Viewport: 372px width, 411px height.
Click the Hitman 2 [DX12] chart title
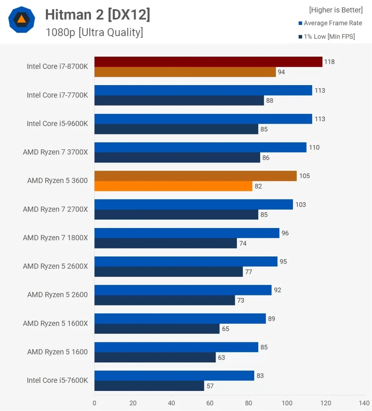[97, 14]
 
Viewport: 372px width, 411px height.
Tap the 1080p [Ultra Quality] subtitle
[94, 32]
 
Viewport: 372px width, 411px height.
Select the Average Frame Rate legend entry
[332, 23]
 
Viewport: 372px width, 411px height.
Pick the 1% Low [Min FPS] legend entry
[329, 37]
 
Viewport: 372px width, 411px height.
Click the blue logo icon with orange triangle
[22, 20]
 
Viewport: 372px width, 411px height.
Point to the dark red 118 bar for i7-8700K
[208, 62]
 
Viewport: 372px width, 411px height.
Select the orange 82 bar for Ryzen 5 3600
[173, 186]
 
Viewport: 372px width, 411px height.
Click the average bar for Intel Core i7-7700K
[203, 90]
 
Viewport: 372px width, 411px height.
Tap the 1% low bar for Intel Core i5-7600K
[149, 386]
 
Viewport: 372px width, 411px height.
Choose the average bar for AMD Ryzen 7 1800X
[187, 233]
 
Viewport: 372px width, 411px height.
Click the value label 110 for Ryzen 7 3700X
[314, 147]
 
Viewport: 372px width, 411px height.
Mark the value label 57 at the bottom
[210, 386]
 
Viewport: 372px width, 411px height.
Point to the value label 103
[300, 205]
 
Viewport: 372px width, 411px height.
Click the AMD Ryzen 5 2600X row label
[55, 266]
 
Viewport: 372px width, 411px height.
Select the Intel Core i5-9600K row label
[57, 124]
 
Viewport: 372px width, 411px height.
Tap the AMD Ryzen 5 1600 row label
[57, 352]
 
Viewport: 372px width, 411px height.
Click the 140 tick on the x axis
[364, 403]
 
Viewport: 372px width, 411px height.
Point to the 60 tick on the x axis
[210, 403]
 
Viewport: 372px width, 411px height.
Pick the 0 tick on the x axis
[95, 403]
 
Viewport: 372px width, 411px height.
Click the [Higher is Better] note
[336, 10]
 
